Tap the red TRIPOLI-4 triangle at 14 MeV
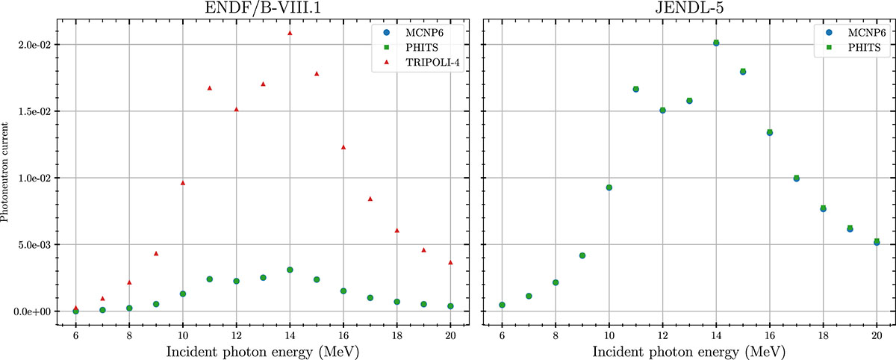(290, 33)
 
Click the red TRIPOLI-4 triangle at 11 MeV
(210, 88)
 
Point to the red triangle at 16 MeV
(343, 147)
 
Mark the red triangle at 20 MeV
(450, 262)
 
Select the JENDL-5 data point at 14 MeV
(716, 43)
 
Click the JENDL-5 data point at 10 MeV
(609, 187)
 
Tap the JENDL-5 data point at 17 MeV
(797, 179)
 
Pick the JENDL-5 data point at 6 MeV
(502, 305)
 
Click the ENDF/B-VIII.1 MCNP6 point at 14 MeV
(290, 270)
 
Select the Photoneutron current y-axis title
(6, 178)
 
